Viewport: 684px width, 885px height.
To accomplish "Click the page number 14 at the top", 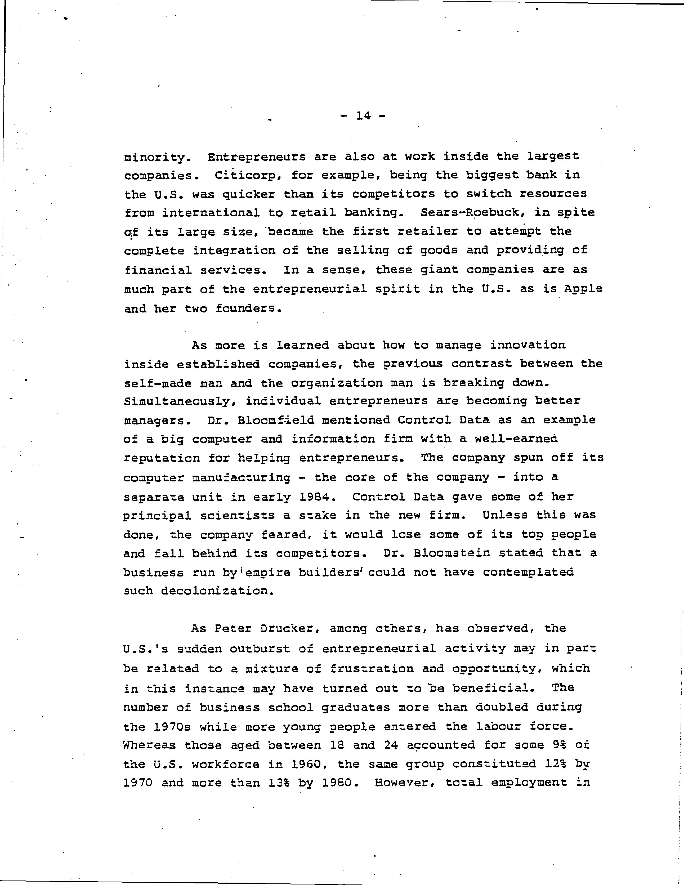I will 363,116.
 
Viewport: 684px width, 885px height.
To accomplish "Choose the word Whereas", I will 149,745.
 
